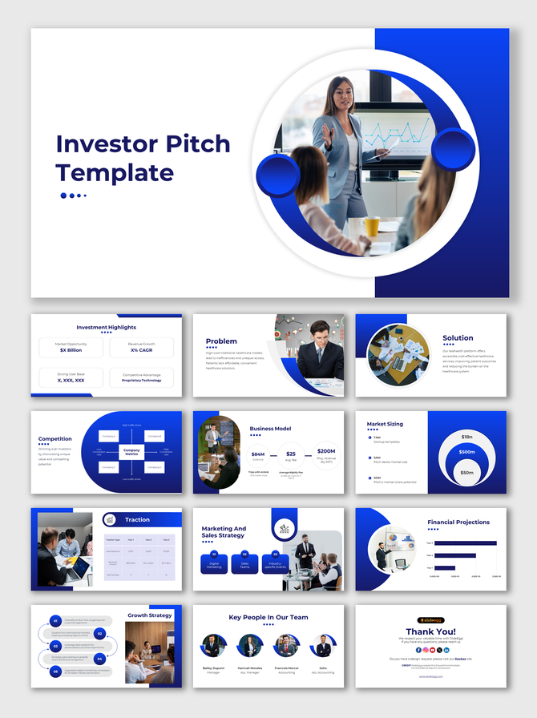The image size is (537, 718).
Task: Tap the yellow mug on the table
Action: pyautogui.click(x=371, y=227)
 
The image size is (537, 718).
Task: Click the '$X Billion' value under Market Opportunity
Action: pyautogui.click(x=71, y=350)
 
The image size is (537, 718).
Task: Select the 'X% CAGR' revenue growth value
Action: pyautogui.click(x=142, y=350)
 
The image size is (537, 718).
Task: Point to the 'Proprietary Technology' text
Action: pyautogui.click(x=142, y=380)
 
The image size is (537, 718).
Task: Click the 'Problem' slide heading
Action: pyautogui.click(x=221, y=341)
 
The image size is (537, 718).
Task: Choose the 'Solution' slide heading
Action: pyautogui.click(x=458, y=338)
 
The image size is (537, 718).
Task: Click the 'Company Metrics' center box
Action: pyautogui.click(x=131, y=452)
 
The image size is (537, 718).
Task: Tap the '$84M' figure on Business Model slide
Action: pyautogui.click(x=257, y=454)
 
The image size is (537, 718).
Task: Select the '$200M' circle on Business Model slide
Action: pyautogui.click(x=326, y=454)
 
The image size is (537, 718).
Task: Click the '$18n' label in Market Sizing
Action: pyautogui.click(x=466, y=437)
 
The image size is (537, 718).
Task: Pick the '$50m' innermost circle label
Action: pyautogui.click(x=466, y=473)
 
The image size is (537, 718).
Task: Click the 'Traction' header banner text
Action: pyautogui.click(x=137, y=520)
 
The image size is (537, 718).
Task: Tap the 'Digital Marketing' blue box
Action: pyautogui.click(x=214, y=563)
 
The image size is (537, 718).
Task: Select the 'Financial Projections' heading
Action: pyautogui.click(x=458, y=522)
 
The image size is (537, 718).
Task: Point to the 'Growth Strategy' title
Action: pyautogui.click(x=150, y=615)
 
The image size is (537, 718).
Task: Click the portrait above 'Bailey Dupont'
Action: pyautogui.click(x=212, y=645)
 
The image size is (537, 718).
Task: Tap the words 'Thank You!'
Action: pyautogui.click(x=430, y=631)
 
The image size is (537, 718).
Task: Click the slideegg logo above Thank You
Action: pyautogui.click(x=430, y=619)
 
